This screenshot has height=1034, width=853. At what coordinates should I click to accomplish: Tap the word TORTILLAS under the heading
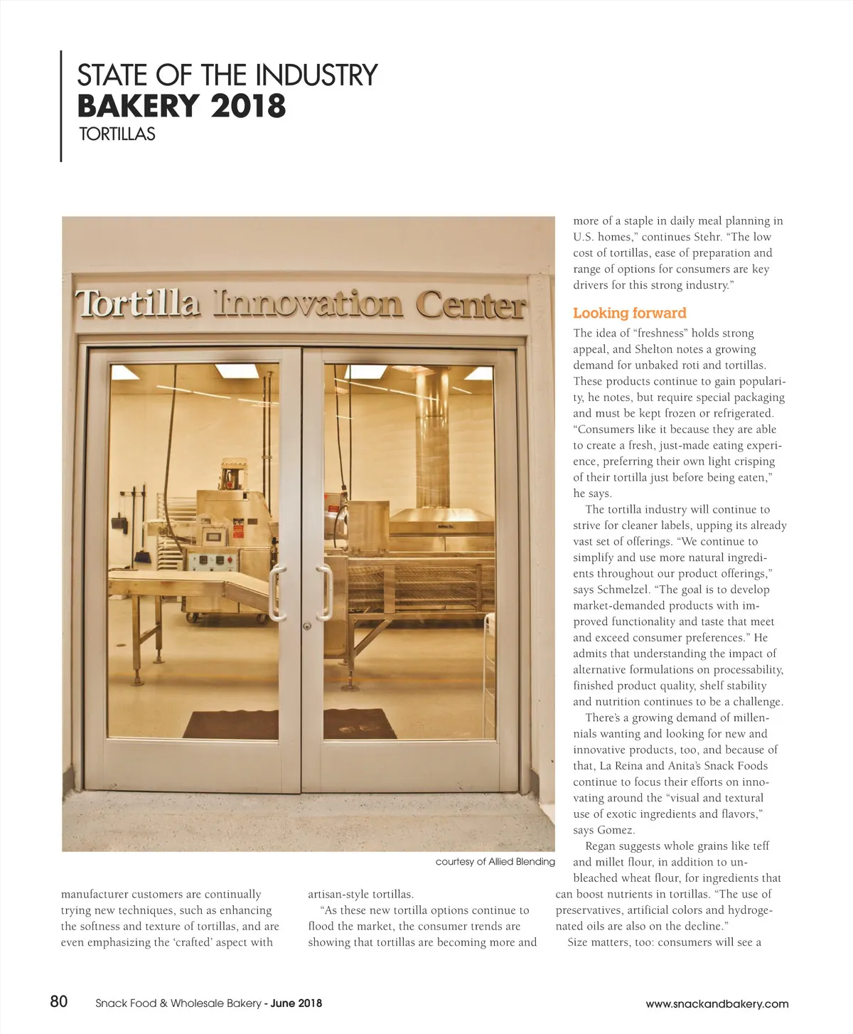117,134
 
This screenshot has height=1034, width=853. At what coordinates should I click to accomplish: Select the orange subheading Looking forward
629,313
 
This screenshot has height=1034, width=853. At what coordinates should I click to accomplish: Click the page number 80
59,1001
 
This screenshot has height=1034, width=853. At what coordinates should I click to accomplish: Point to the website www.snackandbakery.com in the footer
717,1003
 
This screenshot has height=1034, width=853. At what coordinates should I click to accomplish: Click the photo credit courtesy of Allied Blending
495,861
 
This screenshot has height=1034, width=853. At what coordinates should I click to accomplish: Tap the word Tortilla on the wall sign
137,303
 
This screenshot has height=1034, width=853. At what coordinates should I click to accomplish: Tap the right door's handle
326,592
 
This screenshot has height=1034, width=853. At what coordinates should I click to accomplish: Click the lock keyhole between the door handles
306,627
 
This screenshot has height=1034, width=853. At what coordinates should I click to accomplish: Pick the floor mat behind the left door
232,724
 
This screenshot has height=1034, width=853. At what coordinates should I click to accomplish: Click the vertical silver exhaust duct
433,440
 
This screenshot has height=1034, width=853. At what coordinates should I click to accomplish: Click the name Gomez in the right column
614,830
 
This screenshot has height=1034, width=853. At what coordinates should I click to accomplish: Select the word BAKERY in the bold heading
138,107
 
